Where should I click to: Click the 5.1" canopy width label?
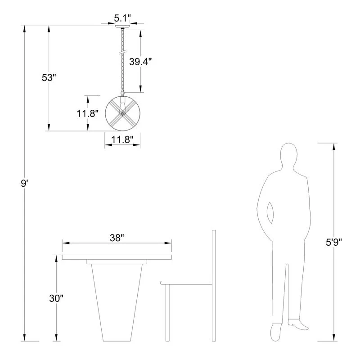[x=122, y=18]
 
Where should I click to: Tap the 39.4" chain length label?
[x=140, y=62]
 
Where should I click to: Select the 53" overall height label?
[x=49, y=77]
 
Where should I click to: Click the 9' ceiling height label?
[x=24, y=183]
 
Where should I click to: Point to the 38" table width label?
[x=117, y=238]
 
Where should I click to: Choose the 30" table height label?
[x=56, y=298]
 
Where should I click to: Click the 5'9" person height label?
[x=334, y=242]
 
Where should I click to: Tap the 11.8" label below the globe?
[x=122, y=139]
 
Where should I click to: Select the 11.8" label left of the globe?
[x=87, y=113]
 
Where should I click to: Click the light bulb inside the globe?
[x=122, y=108]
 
